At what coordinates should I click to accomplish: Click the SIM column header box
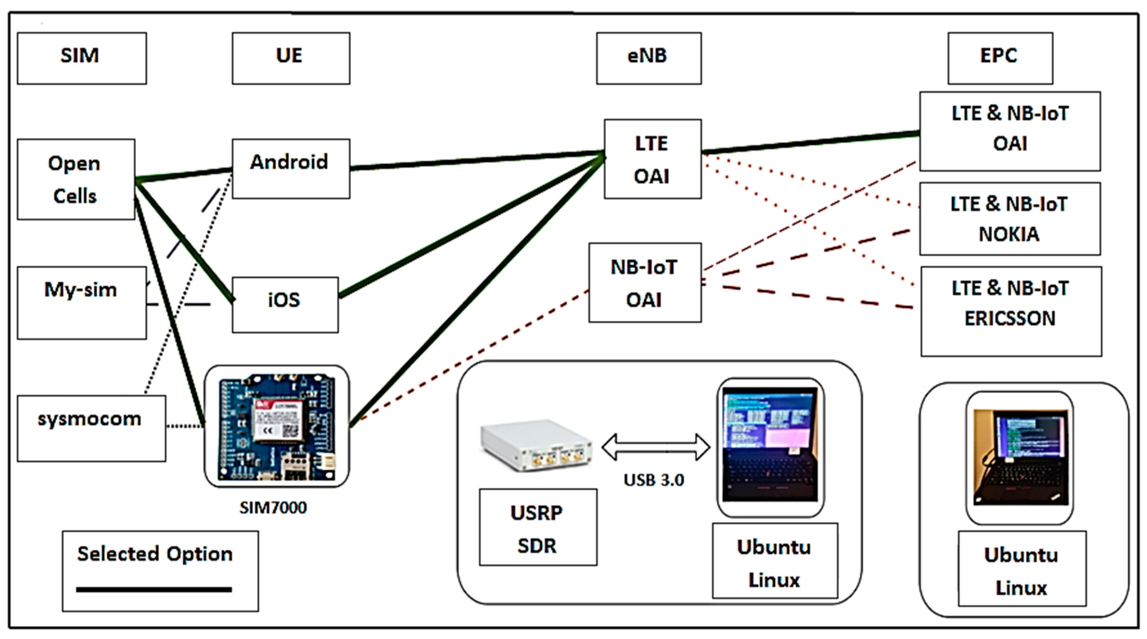pyautogui.click(x=82, y=58)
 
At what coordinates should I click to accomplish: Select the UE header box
pyautogui.click(x=291, y=58)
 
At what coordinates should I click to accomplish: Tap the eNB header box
pyautogui.click(x=649, y=58)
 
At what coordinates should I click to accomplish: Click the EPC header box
pyautogui.click(x=1000, y=58)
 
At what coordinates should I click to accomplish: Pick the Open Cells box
pyautogui.click(x=76, y=179)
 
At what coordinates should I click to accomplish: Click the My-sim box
pyautogui.click(x=81, y=303)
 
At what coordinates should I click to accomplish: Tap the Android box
pyautogui.click(x=291, y=169)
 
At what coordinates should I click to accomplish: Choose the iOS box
pyautogui.click(x=285, y=305)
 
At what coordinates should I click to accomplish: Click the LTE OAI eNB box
pyautogui.click(x=652, y=159)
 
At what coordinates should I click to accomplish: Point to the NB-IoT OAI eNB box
pyautogui.click(x=645, y=283)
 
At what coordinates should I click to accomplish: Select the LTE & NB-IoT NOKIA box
pyautogui.click(x=1010, y=219)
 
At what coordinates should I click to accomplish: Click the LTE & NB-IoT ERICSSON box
pyautogui.click(x=1011, y=311)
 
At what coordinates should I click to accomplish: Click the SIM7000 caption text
pyautogui.click(x=273, y=507)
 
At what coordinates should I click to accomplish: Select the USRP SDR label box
pyautogui.click(x=538, y=527)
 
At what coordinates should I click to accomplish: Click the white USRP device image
pyautogui.click(x=536, y=444)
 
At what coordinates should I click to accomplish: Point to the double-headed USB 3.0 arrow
pyautogui.click(x=655, y=447)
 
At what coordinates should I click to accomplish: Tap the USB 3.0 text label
pyautogui.click(x=654, y=480)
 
